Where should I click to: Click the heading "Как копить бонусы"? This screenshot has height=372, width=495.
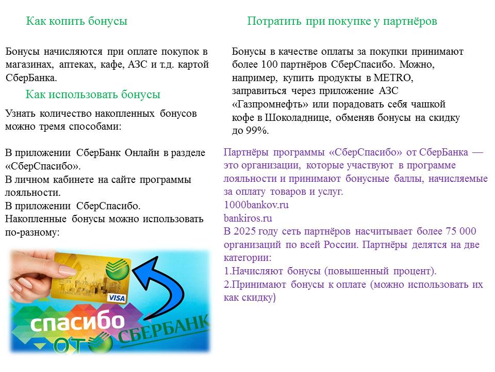[x=77, y=21]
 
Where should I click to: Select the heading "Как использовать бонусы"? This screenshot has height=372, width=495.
[x=93, y=94]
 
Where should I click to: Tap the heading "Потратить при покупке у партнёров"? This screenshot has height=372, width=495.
[x=342, y=21]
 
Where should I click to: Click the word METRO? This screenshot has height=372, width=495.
[x=392, y=78]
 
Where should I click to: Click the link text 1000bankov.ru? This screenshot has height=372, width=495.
[x=256, y=205]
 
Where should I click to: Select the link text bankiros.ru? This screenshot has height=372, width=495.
[x=248, y=218]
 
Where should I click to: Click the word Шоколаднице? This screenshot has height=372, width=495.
[x=298, y=117]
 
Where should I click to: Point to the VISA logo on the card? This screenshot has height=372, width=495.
[x=117, y=298]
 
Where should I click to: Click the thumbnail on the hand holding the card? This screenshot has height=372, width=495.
[x=67, y=270]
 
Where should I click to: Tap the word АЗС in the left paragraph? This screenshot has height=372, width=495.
[x=138, y=64]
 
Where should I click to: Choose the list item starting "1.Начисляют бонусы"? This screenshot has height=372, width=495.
[x=330, y=271]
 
